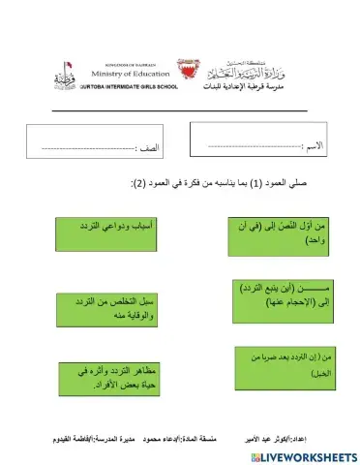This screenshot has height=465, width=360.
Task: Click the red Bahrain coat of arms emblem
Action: [189, 73]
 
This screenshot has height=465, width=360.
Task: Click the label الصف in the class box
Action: [151, 148]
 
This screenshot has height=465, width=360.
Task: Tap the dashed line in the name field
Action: [255, 146]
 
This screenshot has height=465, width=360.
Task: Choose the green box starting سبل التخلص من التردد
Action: [100, 311]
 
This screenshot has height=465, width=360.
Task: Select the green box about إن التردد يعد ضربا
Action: [283, 363]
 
